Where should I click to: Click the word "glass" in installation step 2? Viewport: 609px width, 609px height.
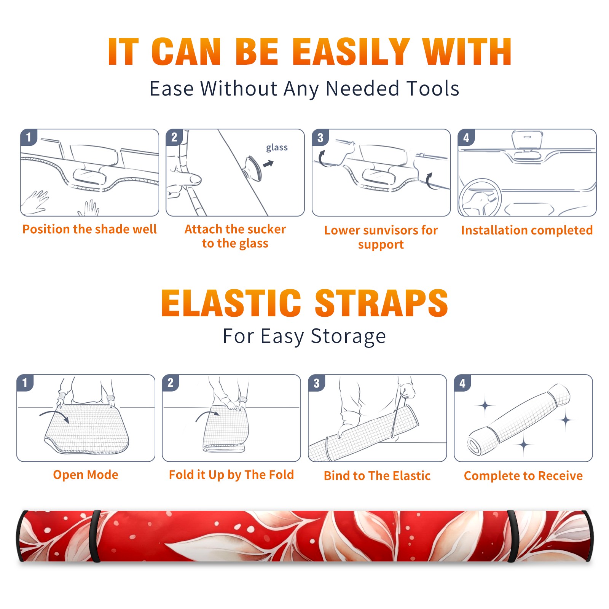click(x=277, y=148)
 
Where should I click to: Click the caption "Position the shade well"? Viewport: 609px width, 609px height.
click(x=89, y=229)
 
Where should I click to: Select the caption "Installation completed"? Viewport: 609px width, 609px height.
click(x=527, y=230)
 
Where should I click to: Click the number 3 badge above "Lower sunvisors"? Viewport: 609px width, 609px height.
click(x=320, y=137)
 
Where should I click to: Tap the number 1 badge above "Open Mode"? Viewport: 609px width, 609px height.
click(x=25, y=383)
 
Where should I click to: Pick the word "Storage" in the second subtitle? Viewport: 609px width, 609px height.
click(x=348, y=336)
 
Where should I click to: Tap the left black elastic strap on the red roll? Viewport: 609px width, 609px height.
click(x=96, y=536)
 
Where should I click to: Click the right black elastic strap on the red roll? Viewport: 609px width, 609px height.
click(x=512, y=536)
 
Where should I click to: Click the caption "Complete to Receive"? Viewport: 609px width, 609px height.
click(x=523, y=476)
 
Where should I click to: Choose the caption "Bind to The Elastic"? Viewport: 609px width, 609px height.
click(x=377, y=476)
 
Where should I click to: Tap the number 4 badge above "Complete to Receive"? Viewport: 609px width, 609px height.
click(x=462, y=383)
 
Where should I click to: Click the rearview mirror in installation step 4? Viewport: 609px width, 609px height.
click(x=527, y=140)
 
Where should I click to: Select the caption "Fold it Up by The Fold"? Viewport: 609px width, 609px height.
click(x=231, y=475)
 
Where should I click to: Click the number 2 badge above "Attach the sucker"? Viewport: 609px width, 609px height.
click(x=174, y=137)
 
